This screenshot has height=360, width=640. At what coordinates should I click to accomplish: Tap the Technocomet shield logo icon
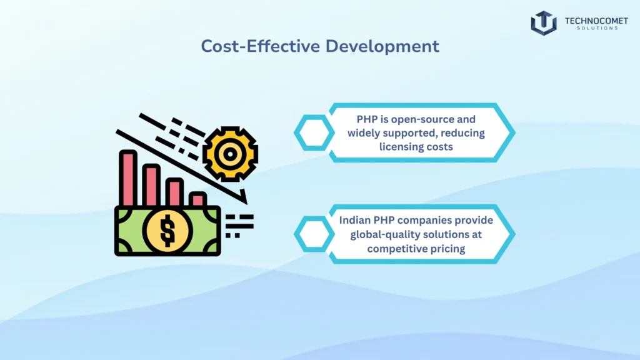pyautogui.click(x=544, y=22)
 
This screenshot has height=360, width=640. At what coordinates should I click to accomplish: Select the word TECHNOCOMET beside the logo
pyautogui.click(x=591, y=20)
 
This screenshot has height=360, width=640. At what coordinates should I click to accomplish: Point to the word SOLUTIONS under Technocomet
pyautogui.click(x=591, y=29)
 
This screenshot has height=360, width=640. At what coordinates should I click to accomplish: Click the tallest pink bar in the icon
pyautogui.click(x=128, y=178)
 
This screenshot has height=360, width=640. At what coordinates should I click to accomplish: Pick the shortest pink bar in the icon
pyautogui.click(x=197, y=199)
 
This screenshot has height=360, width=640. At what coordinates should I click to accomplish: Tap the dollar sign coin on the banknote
pyautogui.click(x=167, y=230)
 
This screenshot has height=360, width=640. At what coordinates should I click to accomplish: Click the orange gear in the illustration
pyautogui.click(x=231, y=152)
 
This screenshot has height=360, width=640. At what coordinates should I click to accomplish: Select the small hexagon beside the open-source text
pyautogui.click(x=314, y=133)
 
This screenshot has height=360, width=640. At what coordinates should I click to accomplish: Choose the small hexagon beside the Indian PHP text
pyautogui.click(x=314, y=234)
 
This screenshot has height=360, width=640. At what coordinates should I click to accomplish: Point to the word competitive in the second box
pyautogui.click(x=396, y=249)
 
